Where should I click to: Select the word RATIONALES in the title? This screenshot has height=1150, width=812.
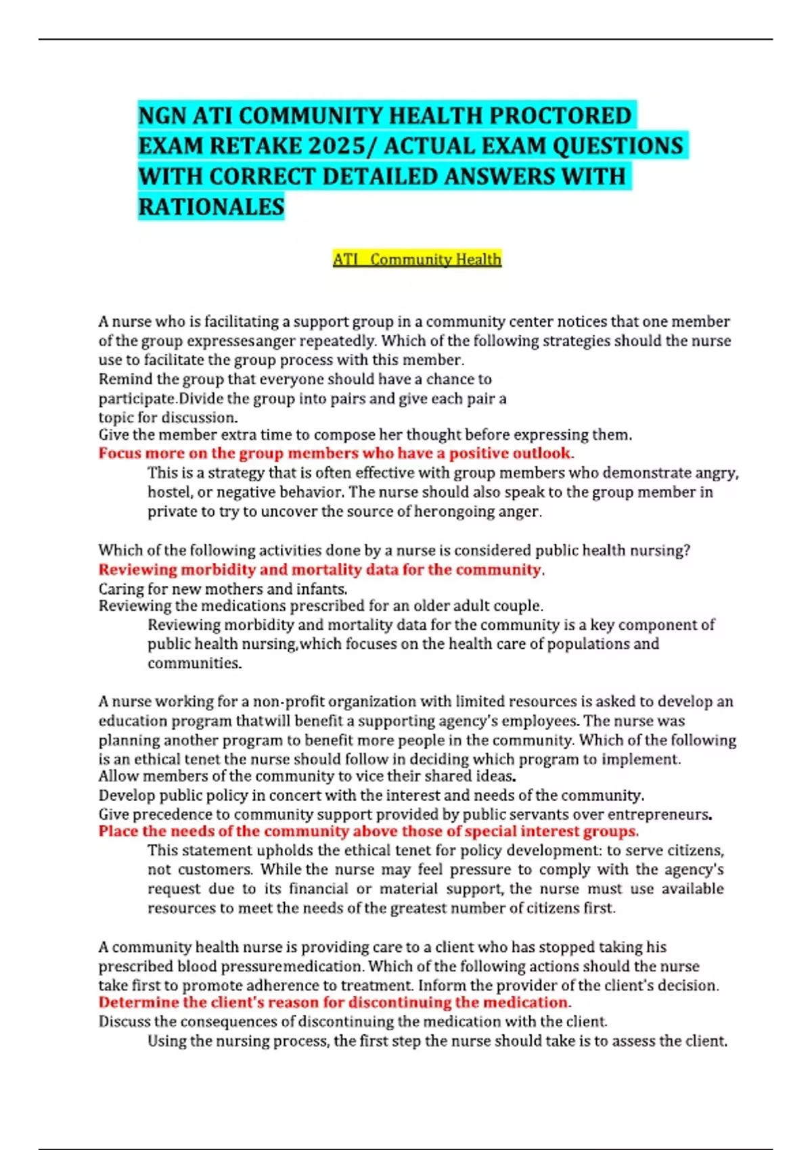(x=211, y=207)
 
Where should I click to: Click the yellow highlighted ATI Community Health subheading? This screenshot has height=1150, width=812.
(x=417, y=259)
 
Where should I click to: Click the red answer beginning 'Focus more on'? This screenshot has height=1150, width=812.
(x=336, y=453)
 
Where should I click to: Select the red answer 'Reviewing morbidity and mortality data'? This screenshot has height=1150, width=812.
(x=321, y=570)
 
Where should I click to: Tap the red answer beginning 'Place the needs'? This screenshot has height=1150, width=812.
(x=368, y=831)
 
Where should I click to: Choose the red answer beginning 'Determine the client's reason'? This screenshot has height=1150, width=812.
(x=334, y=1003)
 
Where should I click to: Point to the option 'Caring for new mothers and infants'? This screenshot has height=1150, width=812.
(x=223, y=589)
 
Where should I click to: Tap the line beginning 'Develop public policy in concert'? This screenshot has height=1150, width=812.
(x=371, y=796)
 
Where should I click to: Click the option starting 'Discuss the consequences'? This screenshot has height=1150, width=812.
(x=353, y=1021)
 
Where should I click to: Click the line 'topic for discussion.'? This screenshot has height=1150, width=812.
(x=168, y=417)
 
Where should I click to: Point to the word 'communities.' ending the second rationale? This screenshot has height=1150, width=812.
(x=194, y=664)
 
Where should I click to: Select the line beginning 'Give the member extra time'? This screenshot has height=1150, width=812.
(x=365, y=435)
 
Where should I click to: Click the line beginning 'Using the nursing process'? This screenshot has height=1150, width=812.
(x=437, y=1041)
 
